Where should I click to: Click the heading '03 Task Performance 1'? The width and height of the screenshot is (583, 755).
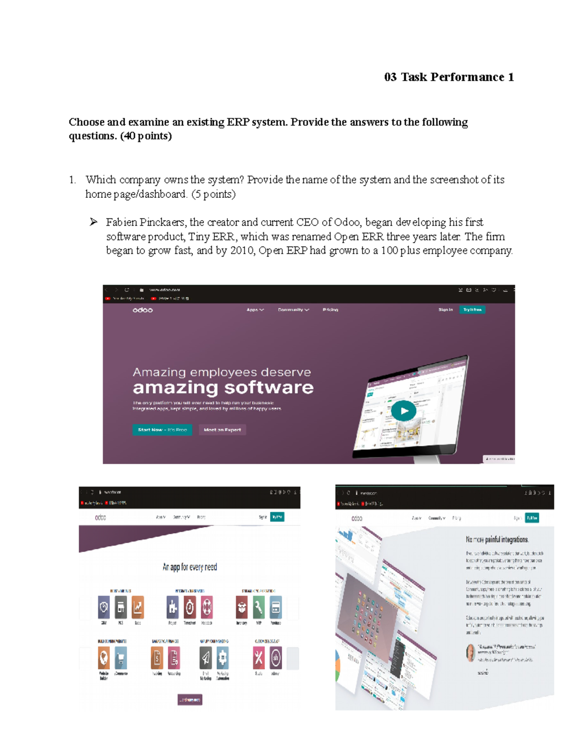pyautogui.click(x=448, y=77)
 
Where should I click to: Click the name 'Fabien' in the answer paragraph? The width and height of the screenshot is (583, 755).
pyautogui.click(x=121, y=222)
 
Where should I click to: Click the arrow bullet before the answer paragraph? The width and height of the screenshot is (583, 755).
pyautogui.click(x=94, y=222)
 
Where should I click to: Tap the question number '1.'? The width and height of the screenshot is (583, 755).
pyautogui.click(x=72, y=180)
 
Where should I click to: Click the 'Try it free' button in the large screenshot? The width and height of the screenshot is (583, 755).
pyautogui.click(x=472, y=310)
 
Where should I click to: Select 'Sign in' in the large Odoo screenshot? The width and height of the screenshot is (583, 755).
pyautogui.click(x=445, y=310)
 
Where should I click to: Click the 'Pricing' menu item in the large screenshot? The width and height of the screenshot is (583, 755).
pyautogui.click(x=330, y=310)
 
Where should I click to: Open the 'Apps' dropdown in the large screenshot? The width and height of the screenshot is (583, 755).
pyautogui.click(x=255, y=310)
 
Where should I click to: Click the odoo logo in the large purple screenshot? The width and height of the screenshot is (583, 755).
pyautogui.click(x=143, y=310)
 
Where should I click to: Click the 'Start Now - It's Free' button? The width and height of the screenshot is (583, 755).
pyautogui.click(x=162, y=430)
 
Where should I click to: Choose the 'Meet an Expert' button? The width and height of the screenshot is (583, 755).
pyautogui.click(x=223, y=430)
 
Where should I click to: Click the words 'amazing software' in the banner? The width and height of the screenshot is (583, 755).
pyautogui.click(x=223, y=388)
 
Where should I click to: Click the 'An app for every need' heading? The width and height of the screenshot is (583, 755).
pyautogui.click(x=190, y=567)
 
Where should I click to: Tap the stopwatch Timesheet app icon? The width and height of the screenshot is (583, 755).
pyautogui.click(x=189, y=607)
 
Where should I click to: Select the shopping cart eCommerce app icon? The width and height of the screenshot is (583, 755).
pyautogui.click(x=120, y=658)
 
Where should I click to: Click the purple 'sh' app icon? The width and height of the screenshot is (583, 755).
pyautogui.click(x=275, y=658)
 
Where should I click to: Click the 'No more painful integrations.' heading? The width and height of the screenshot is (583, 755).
pyautogui.click(x=497, y=539)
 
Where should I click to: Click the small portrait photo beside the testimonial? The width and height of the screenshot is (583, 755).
pyautogui.click(x=470, y=653)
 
